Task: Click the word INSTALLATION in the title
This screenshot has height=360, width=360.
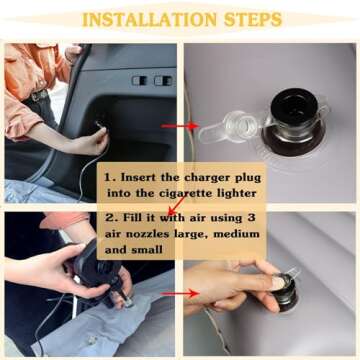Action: [150, 20]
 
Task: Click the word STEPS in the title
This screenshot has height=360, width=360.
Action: [253, 20]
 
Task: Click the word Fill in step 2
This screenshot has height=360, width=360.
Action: [135, 218]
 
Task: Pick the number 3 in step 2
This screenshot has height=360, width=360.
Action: [252, 218]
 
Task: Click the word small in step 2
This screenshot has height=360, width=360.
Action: [146, 249]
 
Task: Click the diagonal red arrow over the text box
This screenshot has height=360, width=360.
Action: [177, 205]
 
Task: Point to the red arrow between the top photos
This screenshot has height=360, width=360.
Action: [179, 126]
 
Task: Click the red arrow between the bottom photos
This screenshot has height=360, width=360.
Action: [179, 294]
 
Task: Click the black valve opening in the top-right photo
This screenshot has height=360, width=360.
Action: [293, 106]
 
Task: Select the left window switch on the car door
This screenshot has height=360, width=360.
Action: [138, 80]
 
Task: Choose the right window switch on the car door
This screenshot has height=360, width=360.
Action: [162, 81]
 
